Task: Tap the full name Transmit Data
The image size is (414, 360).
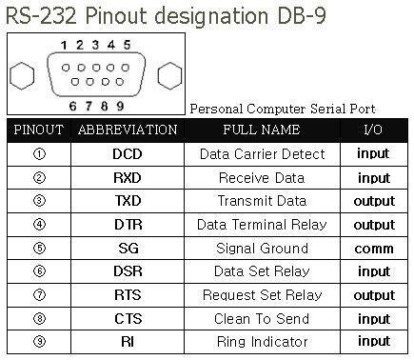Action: [x=262, y=201]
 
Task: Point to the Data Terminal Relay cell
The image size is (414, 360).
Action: [x=262, y=225]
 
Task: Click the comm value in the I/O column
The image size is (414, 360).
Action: [x=373, y=248]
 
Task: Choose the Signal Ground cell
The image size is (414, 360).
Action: [x=262, y=248]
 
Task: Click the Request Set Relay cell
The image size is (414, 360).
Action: [x=262, y=294]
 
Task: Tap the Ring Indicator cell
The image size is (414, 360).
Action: [x=262, y=341]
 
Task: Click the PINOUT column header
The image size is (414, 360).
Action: [x=38, y=130]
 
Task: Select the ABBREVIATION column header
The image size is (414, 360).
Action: [x=127, y=130]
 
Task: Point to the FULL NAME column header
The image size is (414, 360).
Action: [x=262, y=130]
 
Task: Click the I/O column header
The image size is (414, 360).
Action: [x=373, y=130]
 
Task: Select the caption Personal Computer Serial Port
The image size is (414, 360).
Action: [x=283, y=110]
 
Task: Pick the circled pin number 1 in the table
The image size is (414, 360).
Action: [x=38, y=153]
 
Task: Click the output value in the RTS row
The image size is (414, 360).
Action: [x=373, y=294]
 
